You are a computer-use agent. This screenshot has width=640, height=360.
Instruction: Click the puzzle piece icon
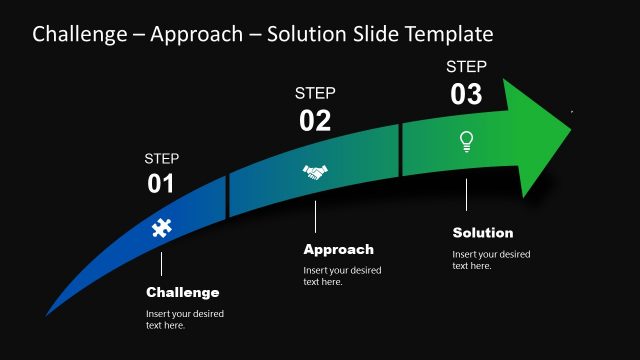click(x=161, y=228)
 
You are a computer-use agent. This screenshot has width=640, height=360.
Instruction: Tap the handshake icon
click(x=315, y=173)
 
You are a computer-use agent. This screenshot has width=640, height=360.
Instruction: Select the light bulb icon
click(x=466, y=141)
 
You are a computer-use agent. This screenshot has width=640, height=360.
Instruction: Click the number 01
click(x=161, y=184)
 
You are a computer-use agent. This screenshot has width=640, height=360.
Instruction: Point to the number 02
click(x=315, y=121)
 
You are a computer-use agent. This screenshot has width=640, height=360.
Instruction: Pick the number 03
click(x=466, y=95)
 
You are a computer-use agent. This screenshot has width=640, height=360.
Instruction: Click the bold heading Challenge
click(x=182, y=293)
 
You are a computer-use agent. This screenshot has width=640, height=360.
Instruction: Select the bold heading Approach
click(x=338, y=250)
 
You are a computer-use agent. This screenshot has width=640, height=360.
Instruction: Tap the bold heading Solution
click(x=483, y=233)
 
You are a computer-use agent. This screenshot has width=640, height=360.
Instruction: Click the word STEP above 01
click(x=161, y=158)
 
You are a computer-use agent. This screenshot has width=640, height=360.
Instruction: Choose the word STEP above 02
click(x=315, y=93)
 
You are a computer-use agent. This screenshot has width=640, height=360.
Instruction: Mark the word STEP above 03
click(x=466, y=67)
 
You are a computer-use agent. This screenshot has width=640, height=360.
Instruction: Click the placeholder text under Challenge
click(x=185, y=319)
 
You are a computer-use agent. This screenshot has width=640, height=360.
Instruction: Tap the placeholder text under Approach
click(x=342, y=276)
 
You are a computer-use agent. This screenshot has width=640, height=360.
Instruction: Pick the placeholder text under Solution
click(x=491, y=260)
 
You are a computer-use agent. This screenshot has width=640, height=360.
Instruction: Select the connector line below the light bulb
click(x=466, y=195)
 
